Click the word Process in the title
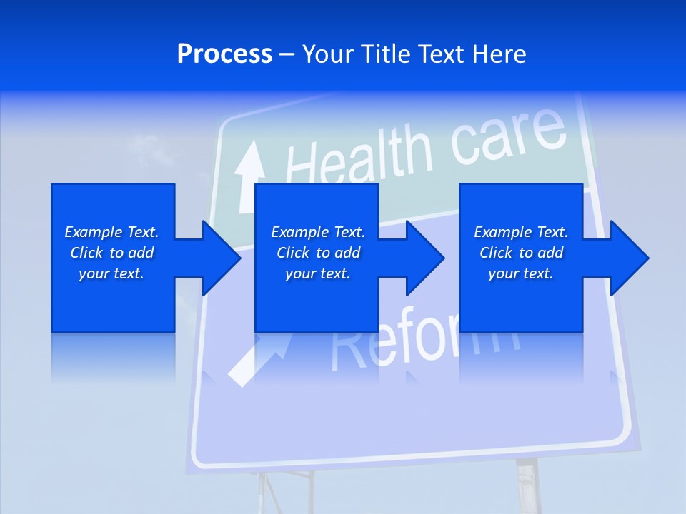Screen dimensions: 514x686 click(224, 54)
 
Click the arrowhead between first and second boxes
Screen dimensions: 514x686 click(222, 258)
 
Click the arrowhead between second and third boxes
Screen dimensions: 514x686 click(425, 258)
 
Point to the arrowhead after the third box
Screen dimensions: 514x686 click(629, 258)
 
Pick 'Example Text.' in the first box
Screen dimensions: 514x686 click(111, 232)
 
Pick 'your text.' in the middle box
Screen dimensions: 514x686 click(317, 273)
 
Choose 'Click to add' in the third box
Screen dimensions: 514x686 click(521, 253)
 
